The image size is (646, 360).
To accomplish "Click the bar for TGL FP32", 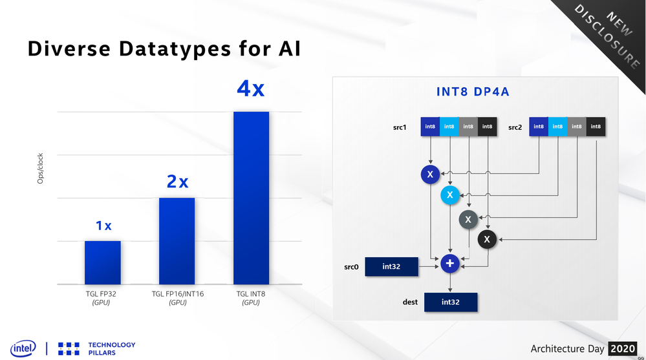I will tap(102, 262).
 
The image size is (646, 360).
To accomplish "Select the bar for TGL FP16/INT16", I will tap(177, 241).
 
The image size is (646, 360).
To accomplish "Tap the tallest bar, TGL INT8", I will tap(251, 198).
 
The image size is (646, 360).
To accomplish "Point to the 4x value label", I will tap(251, 89).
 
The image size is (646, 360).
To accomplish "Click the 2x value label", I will tap(177, 182).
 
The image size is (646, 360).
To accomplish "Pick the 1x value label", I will tap(103, 226).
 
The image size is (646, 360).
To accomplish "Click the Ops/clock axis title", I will tap(40, 168).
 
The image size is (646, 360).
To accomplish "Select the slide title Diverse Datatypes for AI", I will tap(164, 49).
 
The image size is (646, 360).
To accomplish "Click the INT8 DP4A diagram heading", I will tap(473, 92).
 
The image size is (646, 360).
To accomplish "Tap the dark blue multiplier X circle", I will tap(430, 175).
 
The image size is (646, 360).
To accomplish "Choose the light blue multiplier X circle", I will tap(449, 195).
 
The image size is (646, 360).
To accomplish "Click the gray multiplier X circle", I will tap(468, 220).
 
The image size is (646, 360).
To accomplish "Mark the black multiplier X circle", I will tap(487, 240).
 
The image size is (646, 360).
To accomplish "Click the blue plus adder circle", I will tap(450, 264).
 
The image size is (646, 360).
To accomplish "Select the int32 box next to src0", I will tap(391, 266).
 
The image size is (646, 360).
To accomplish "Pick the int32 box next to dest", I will tap(450, 302).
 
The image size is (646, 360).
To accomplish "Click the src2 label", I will tap(515, 127).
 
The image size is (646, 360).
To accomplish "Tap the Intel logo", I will tap(23, 348).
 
